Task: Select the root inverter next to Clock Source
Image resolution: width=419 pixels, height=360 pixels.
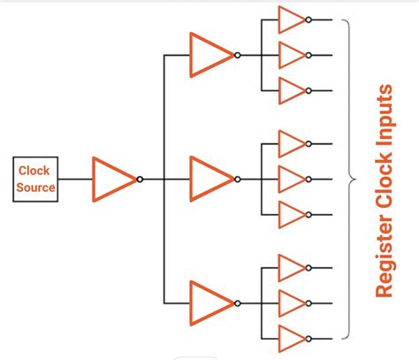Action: pyautogui.click(x=113, y=180)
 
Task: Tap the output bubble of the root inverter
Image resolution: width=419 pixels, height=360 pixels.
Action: pyautogui.click(x=140, y=180)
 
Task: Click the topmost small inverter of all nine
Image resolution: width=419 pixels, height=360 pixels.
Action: pyautogui.click(x=290, y=19)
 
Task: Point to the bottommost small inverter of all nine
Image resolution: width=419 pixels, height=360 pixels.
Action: pyautogui.click(x=290, y=338)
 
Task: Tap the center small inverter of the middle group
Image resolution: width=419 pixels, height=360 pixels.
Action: pyautogui.click(x=290, y=180)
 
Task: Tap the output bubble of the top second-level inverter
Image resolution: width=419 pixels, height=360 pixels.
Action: pyautogui.click(x=237, y=55)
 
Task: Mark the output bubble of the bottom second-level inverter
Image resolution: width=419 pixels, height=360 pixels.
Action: pyautogui.click(x=237, y=303)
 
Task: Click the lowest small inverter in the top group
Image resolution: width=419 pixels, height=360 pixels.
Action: pyautogui.click(x=290, y=90)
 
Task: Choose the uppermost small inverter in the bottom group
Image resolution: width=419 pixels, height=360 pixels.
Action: pyautogui.click(x=290, y=267)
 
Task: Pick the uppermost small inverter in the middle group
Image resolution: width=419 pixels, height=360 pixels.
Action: pyautogui.click(x=290, y=143)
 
